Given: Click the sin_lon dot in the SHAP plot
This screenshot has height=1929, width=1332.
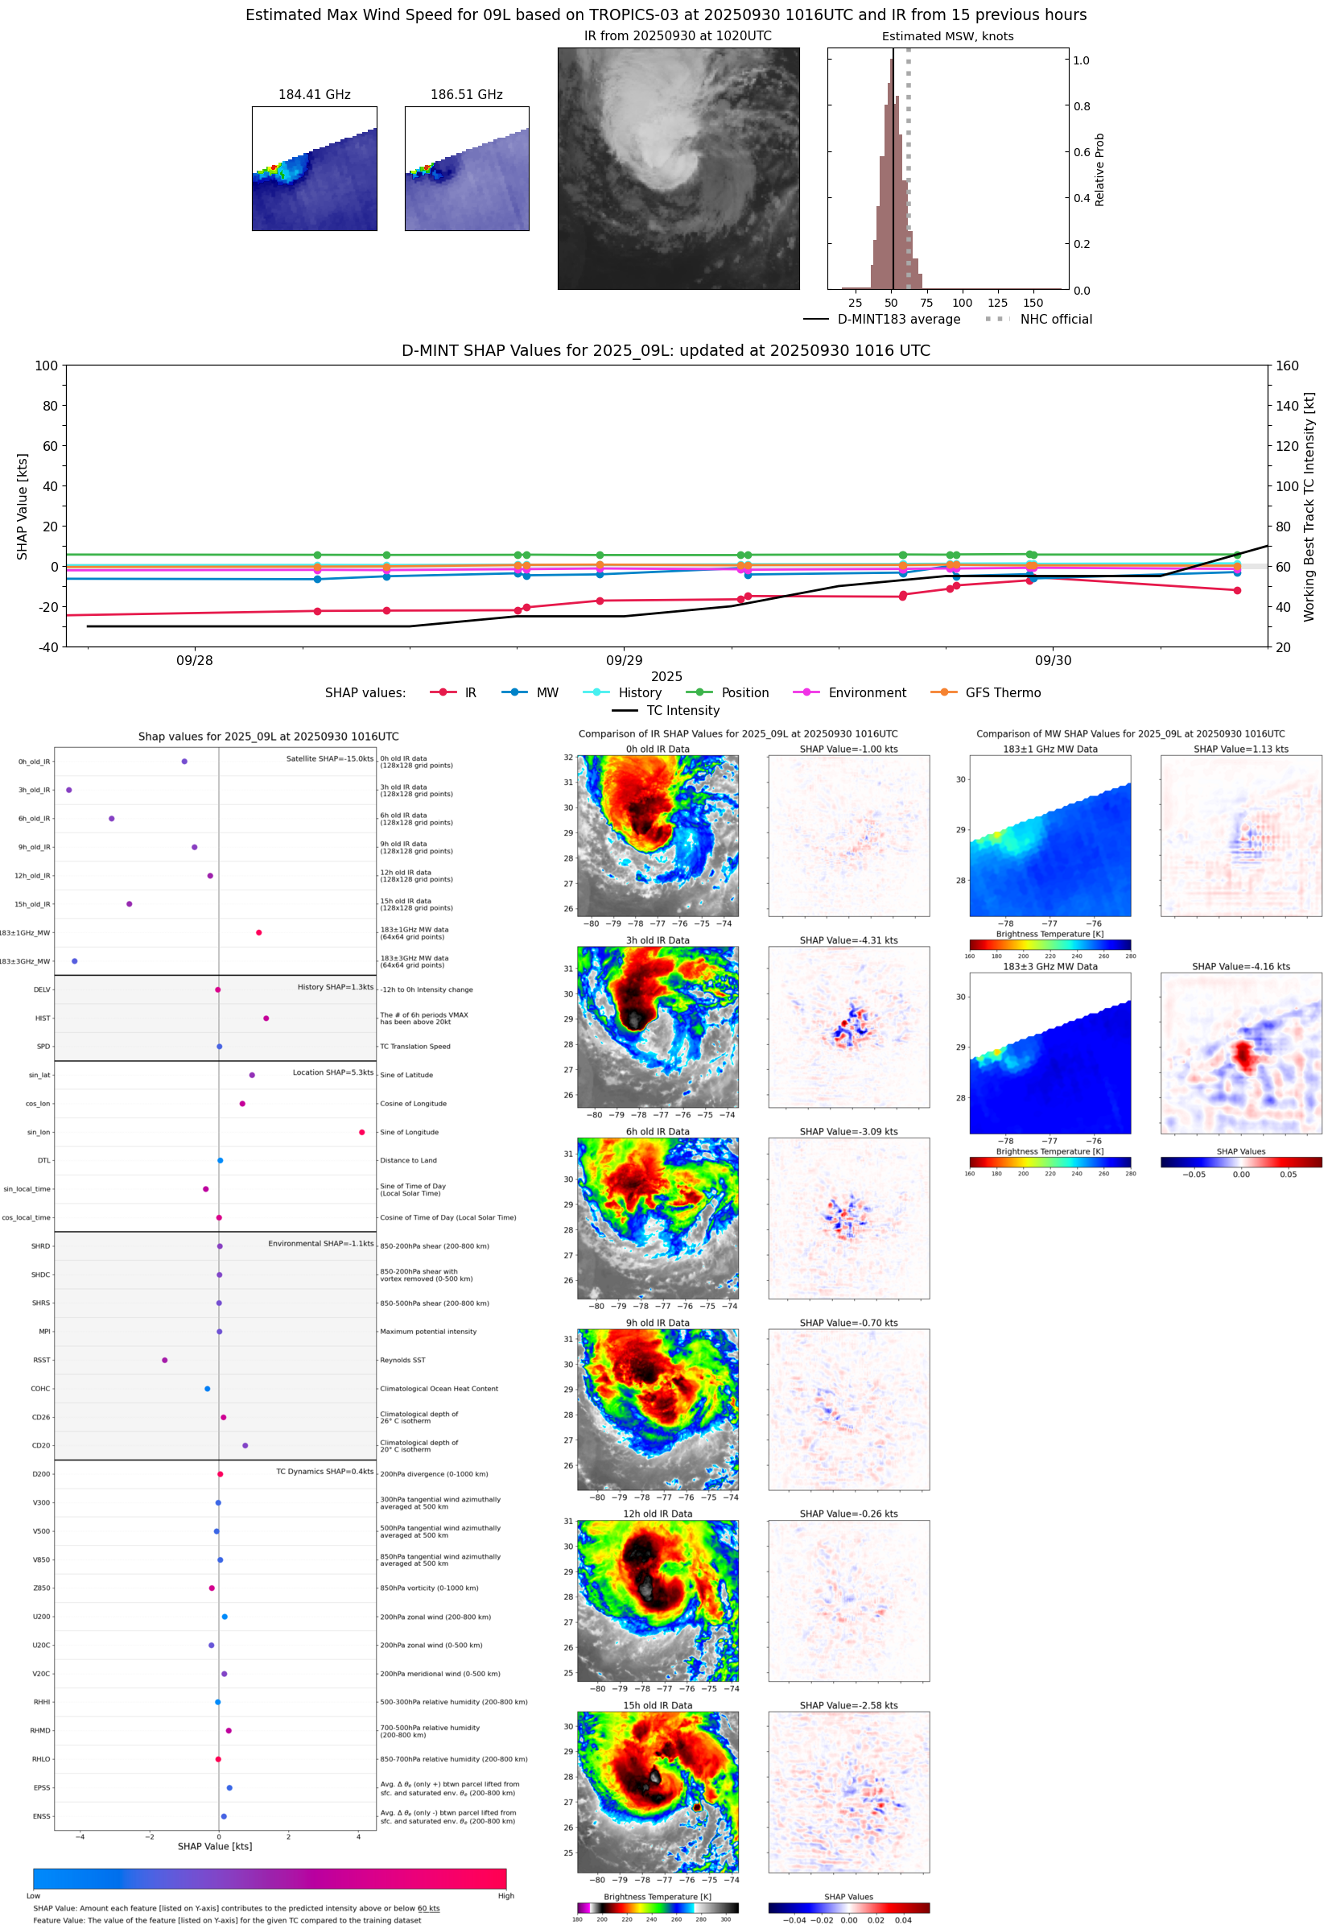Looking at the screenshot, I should [361, 1132].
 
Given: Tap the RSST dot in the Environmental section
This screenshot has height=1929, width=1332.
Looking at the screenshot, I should [164, 1360].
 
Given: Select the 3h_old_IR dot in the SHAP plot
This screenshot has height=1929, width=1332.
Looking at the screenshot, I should [69, 790].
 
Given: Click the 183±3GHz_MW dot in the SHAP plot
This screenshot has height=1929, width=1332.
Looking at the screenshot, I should [75, 960].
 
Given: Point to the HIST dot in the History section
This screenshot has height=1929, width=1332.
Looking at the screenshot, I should [266, 1018].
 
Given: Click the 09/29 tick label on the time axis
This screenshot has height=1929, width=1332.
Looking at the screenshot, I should [625, 660].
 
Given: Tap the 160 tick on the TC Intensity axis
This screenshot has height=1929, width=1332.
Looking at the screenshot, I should [1287, 366].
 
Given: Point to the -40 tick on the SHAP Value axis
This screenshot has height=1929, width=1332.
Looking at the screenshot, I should [47, 647].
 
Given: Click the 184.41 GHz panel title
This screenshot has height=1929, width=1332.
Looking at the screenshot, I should [315, 95].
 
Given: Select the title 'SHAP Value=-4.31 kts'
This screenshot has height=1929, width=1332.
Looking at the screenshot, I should [848, 940].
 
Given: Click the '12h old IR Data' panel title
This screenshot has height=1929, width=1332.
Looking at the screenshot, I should [658, 1514].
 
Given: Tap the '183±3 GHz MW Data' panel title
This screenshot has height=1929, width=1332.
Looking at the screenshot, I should [1050, 967].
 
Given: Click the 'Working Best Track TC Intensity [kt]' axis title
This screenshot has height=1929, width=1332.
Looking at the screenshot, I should [1309, 506].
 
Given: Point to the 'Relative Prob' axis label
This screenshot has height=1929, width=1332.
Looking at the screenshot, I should [1099, 169].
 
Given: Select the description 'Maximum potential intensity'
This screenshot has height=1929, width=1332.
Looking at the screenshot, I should [428, 1332].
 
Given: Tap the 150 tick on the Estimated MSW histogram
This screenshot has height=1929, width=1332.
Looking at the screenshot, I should [1033, 303].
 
